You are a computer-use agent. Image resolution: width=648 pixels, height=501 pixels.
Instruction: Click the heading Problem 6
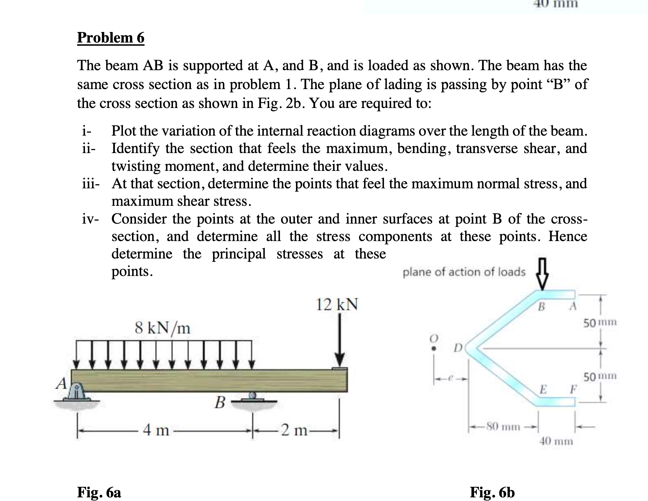(x=111, y=38)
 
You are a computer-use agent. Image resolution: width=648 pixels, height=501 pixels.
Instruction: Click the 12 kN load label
(x=337, y=305)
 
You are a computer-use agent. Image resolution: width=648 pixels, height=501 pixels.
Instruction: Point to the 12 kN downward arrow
(x=340, y=340)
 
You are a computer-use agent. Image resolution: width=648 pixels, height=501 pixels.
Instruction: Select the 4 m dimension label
(x=156, y=430)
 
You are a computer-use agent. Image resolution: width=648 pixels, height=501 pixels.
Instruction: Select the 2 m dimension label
(x=295, y=430)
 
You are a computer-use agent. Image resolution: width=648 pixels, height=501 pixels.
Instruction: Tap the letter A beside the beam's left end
(x=61, y=383)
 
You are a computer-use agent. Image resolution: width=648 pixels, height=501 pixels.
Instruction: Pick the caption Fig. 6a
(x=99, y=492)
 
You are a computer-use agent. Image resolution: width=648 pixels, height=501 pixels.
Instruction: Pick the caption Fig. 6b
(x=492, y=492)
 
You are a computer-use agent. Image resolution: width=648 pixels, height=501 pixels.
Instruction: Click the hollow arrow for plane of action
(x=542, y=278)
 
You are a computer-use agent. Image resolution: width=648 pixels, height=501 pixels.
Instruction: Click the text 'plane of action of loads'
(x=464, y=272)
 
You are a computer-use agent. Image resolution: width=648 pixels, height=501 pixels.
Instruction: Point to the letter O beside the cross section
(x=433, y=338)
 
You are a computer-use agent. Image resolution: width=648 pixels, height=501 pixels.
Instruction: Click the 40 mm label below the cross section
(x=556, y=442)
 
